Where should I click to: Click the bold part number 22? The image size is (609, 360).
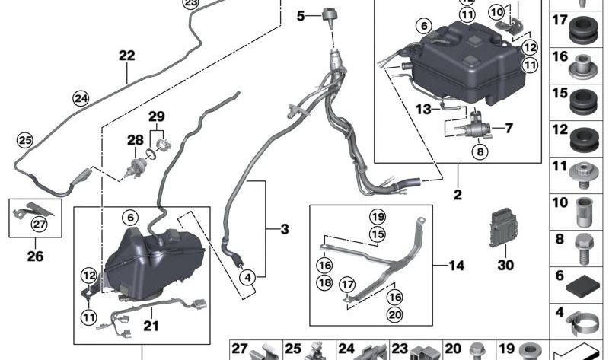point(126,56)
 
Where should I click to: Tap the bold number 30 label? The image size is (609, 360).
point(505,266)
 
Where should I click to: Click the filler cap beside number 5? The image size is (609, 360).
point(329,14)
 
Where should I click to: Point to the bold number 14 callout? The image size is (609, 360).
point(456,266)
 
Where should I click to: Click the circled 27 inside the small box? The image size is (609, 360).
point(37,223)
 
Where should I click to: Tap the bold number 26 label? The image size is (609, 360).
point(35,256)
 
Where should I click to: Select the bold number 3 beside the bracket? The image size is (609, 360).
point(283,228)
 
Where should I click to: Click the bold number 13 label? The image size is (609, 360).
point(423,110)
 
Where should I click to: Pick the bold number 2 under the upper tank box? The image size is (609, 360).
point(458,195)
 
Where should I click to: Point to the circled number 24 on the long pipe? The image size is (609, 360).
point(80,97)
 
